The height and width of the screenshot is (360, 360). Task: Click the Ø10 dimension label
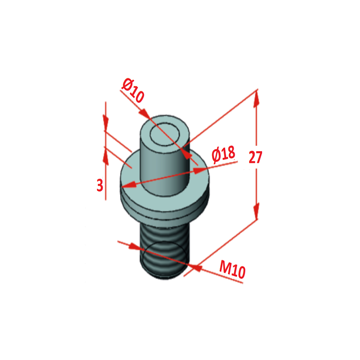pos(133,90)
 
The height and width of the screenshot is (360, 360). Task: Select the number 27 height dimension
pos(255,157)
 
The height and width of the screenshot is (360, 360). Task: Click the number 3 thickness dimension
pos(100,185)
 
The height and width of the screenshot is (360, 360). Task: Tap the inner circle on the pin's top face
pos(165,134)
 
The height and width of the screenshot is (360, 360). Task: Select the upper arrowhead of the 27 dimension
pos(256,99)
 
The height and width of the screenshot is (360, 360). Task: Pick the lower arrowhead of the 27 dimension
pos(256,211)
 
